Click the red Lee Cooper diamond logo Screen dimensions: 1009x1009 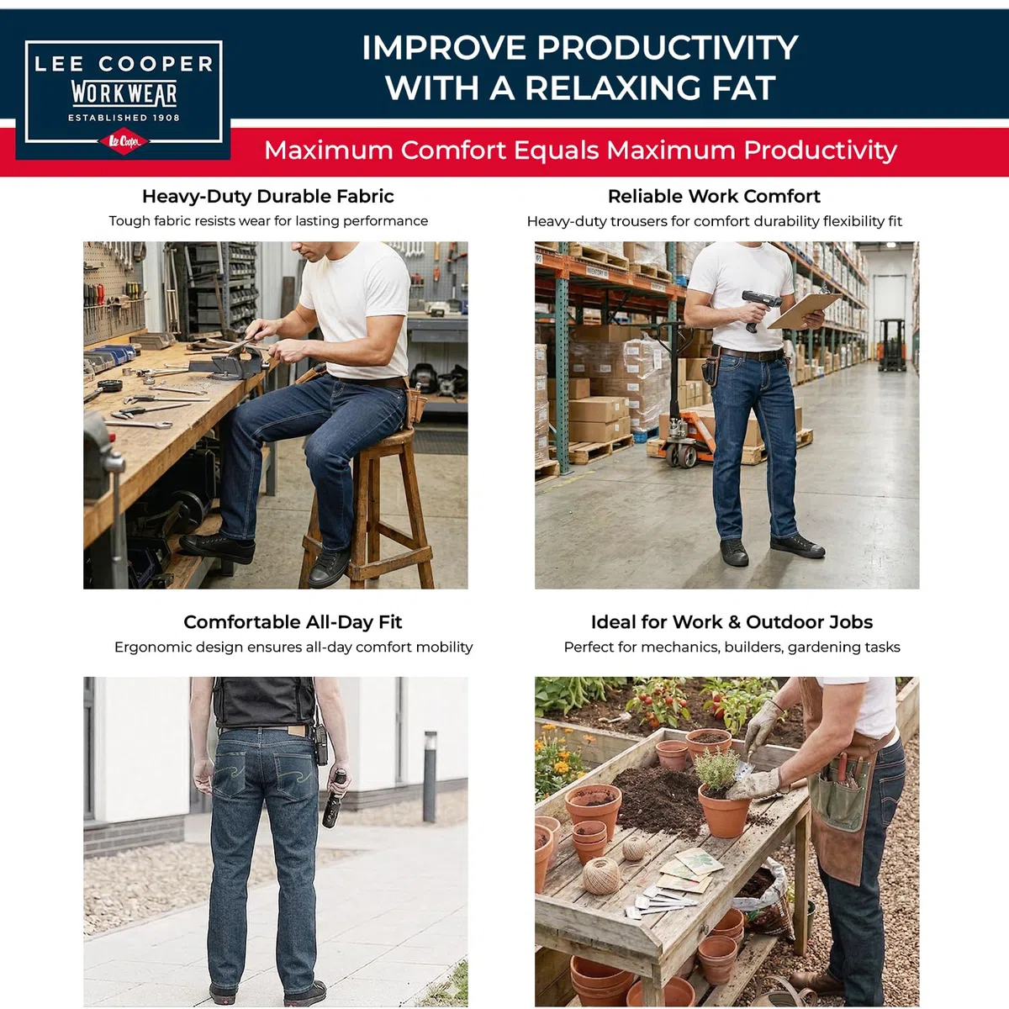tap(124, 141)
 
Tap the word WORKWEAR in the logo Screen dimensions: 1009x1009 tap(124, 93)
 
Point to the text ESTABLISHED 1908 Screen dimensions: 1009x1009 tap(124, 118)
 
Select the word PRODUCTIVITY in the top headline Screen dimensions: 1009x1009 tap(667, 48)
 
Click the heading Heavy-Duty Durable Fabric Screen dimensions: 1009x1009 tap(268, 197)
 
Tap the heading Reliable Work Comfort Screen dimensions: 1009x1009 tap(714, 197)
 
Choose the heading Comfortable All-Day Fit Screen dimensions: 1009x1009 tap(293, 622)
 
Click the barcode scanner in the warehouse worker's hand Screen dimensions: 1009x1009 tap(758, 308)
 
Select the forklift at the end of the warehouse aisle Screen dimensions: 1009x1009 tap(892, 346)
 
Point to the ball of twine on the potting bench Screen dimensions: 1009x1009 tap(602, 876)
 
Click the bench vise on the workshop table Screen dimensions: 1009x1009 tap(233, 361)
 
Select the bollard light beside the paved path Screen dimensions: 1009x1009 tap(430, 776)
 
